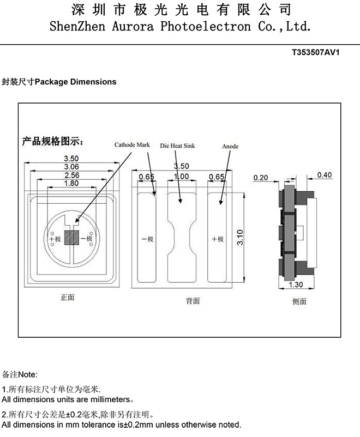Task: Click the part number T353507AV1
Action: coord(316,53)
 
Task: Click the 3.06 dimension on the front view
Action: coord(71,167)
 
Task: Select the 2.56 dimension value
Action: coord(71,175)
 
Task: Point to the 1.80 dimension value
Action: coord(71,184)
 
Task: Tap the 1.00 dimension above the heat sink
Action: coord(181,177)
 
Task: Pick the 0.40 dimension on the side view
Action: coord(324,175)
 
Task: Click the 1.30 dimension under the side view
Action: coord(295,284)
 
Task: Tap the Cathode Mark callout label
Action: coord(131,145)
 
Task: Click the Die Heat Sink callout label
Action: coord(177,146)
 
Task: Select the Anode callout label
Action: coord(230,147)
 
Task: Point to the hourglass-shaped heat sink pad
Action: coord(181,237)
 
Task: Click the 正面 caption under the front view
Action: coord(67,298)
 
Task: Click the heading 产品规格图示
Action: coord(52,142)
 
